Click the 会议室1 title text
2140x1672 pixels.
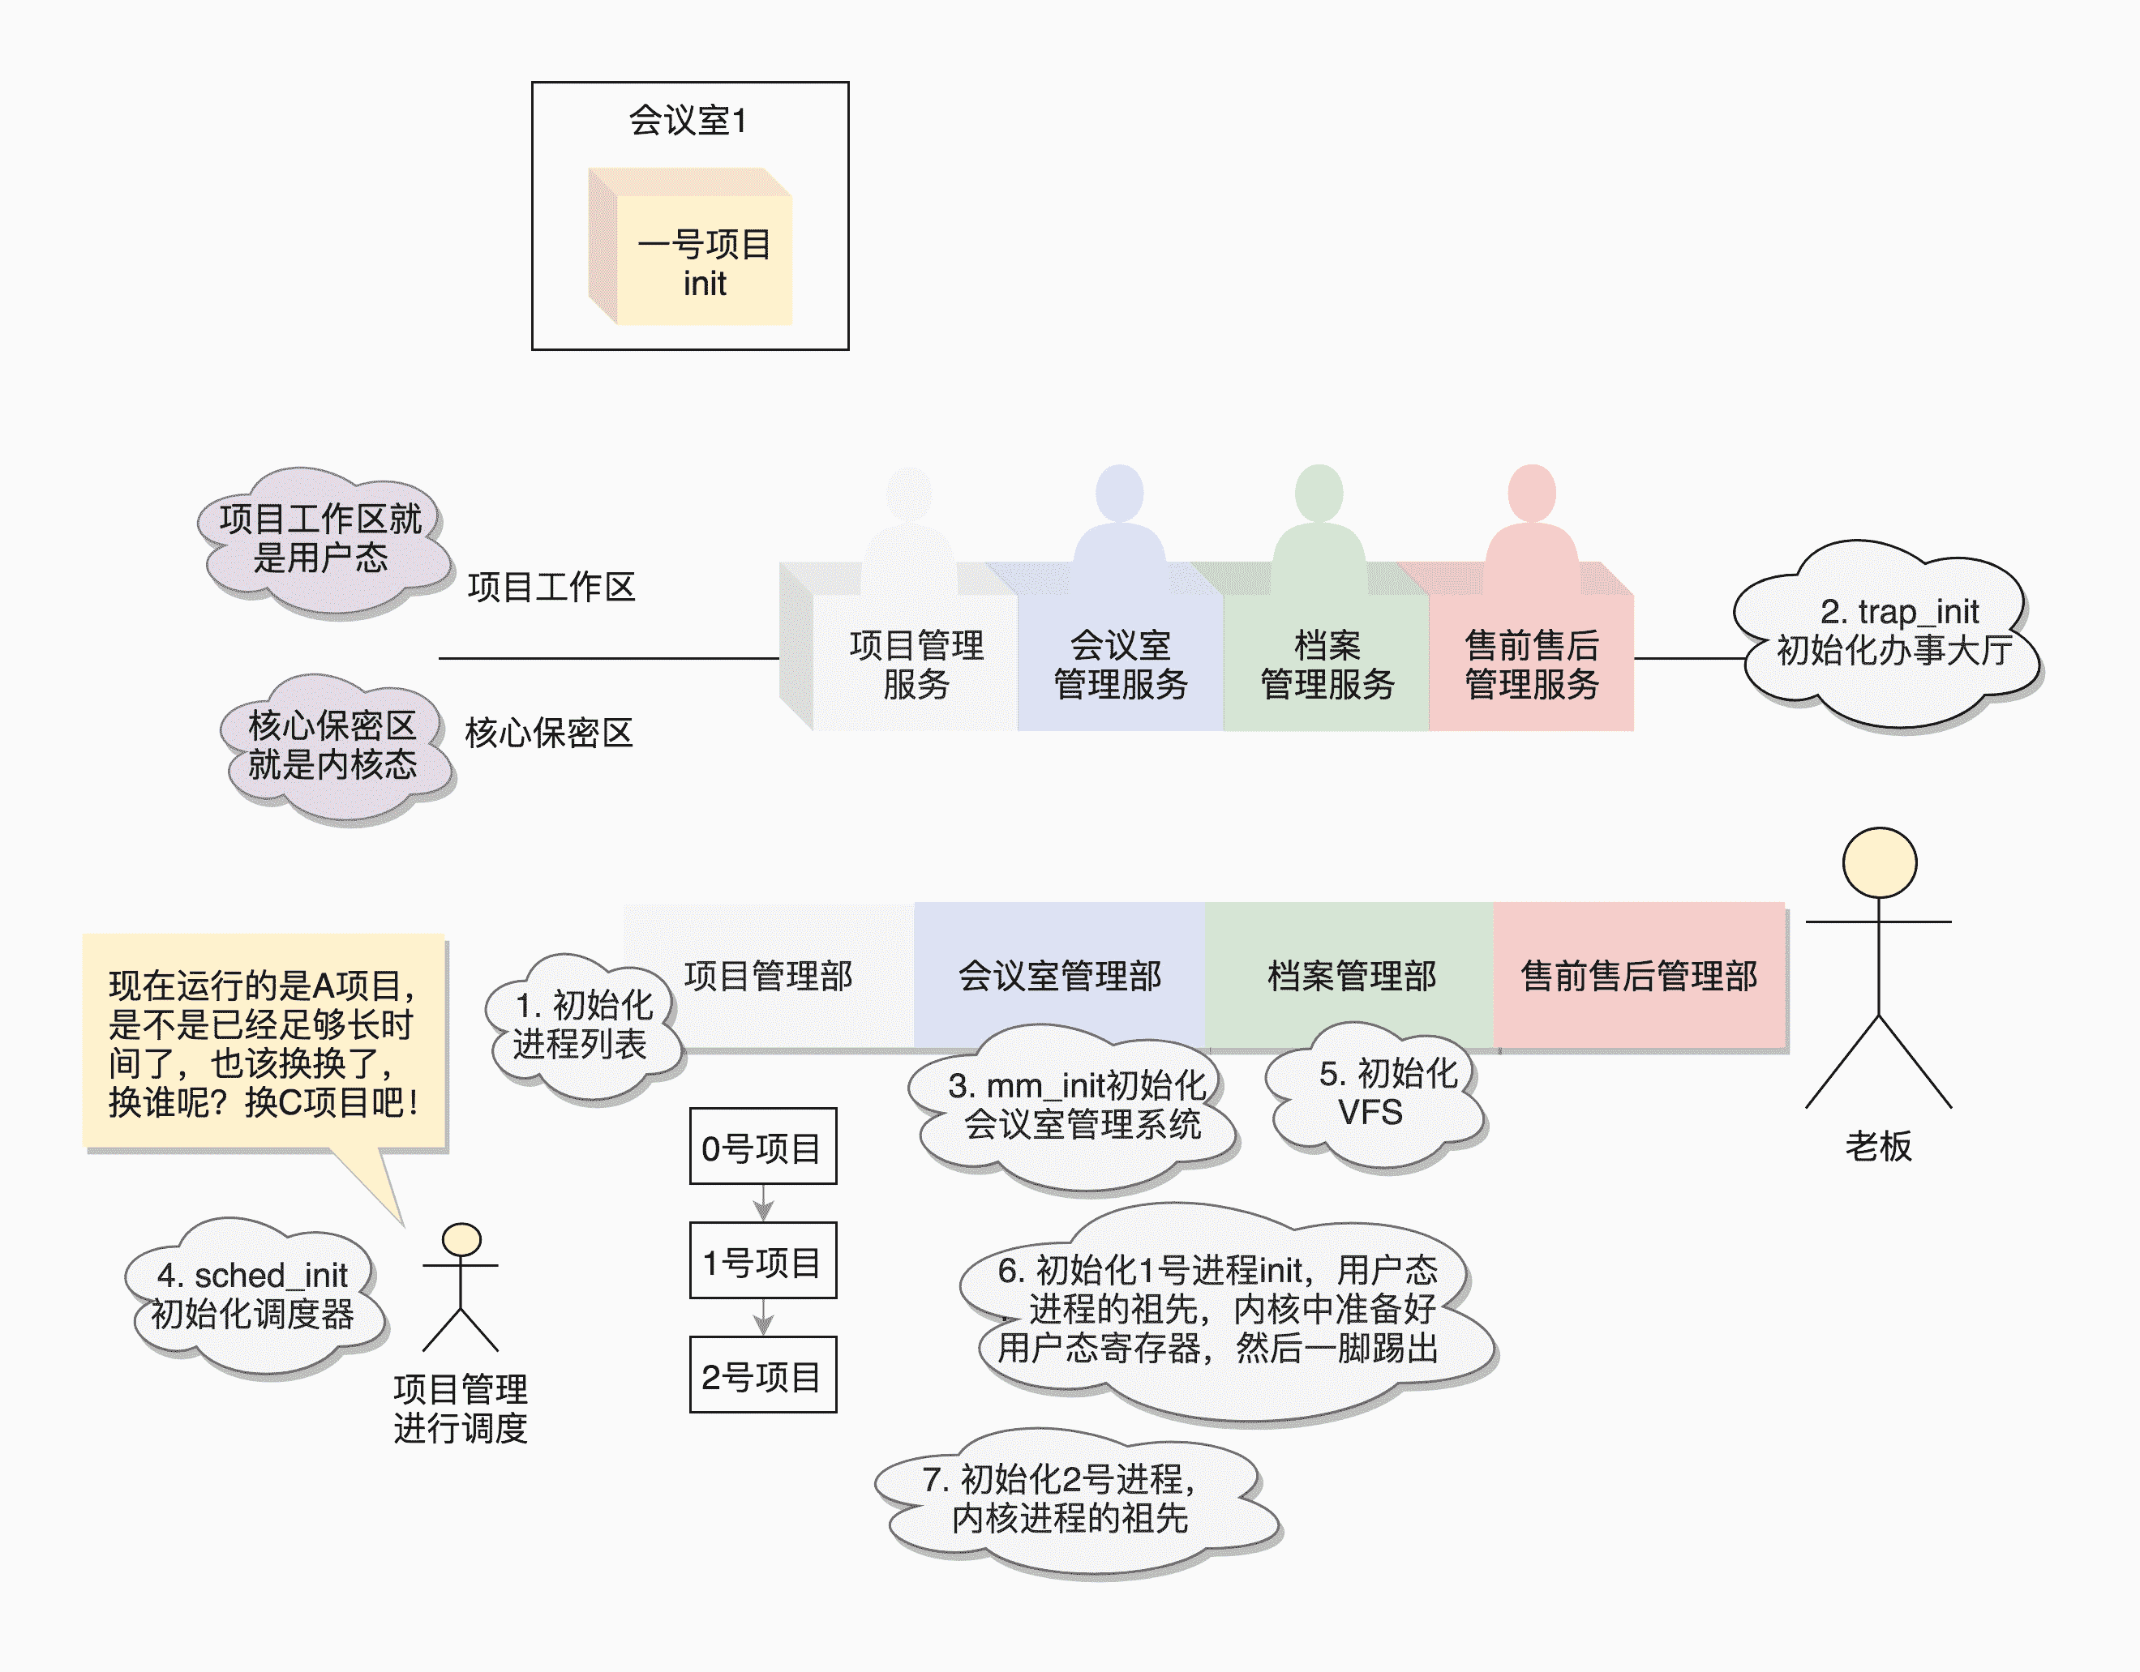[x=688, y=121]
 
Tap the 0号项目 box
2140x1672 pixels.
[x=762, y=1147]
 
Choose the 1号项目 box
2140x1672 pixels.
[x=762, y=1262]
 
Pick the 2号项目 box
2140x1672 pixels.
[x=762, y=1375]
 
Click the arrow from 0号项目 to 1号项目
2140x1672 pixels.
[x=763, y=1204]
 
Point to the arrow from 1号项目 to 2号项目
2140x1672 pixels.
[x=763, y=1318]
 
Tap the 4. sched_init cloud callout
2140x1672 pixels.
[x=253, y=1295]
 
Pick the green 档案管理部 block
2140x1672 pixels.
[x=1351, y=976]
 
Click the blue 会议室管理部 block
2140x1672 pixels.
[x=1059, y=976]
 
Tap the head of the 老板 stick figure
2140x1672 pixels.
[x=1878, y=863]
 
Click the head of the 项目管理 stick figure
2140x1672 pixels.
[x=461, y=1240]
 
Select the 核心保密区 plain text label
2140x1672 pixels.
[x=549, y=733]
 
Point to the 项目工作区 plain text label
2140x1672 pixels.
[x=551, y=587]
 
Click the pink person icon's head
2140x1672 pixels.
[x=1532, y=493]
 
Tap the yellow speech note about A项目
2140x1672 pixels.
[x=263, y=1042]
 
